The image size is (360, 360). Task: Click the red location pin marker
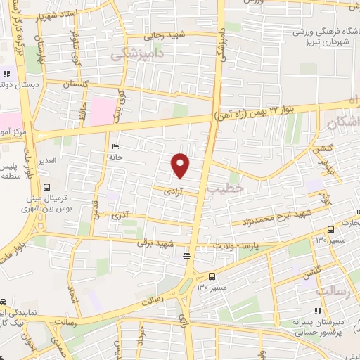[181, 164]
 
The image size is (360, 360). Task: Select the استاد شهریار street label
[56, 15]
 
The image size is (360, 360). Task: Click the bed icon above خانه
[115, 147]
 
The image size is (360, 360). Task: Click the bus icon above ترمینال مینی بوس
[47, 188]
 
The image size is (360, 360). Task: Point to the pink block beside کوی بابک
[103, 110]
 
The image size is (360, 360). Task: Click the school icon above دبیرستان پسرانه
[318, 311]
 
